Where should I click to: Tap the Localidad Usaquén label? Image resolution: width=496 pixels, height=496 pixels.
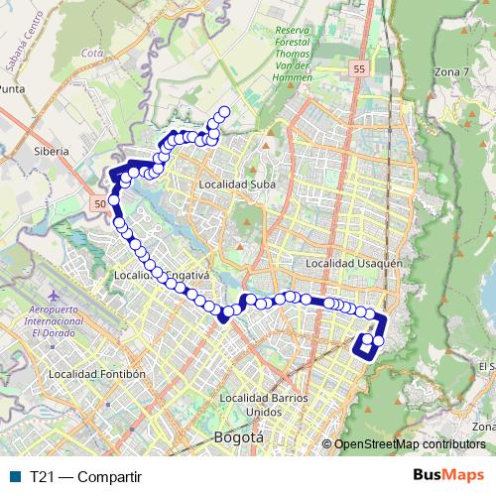coord(354,263)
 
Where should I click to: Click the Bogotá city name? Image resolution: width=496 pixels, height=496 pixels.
coord(239,436)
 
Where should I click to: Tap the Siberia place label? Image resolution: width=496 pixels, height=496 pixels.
coord(51,152)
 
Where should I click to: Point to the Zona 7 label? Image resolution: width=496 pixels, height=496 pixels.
coord(451,72)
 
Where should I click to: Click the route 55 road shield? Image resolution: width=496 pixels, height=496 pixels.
coord(358,68)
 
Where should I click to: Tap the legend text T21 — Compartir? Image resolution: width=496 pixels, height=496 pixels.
coord(85,475)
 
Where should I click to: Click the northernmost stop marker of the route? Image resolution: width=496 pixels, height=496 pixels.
coord(224,111)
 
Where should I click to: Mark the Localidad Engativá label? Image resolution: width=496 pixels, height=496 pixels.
coord(149,275)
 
